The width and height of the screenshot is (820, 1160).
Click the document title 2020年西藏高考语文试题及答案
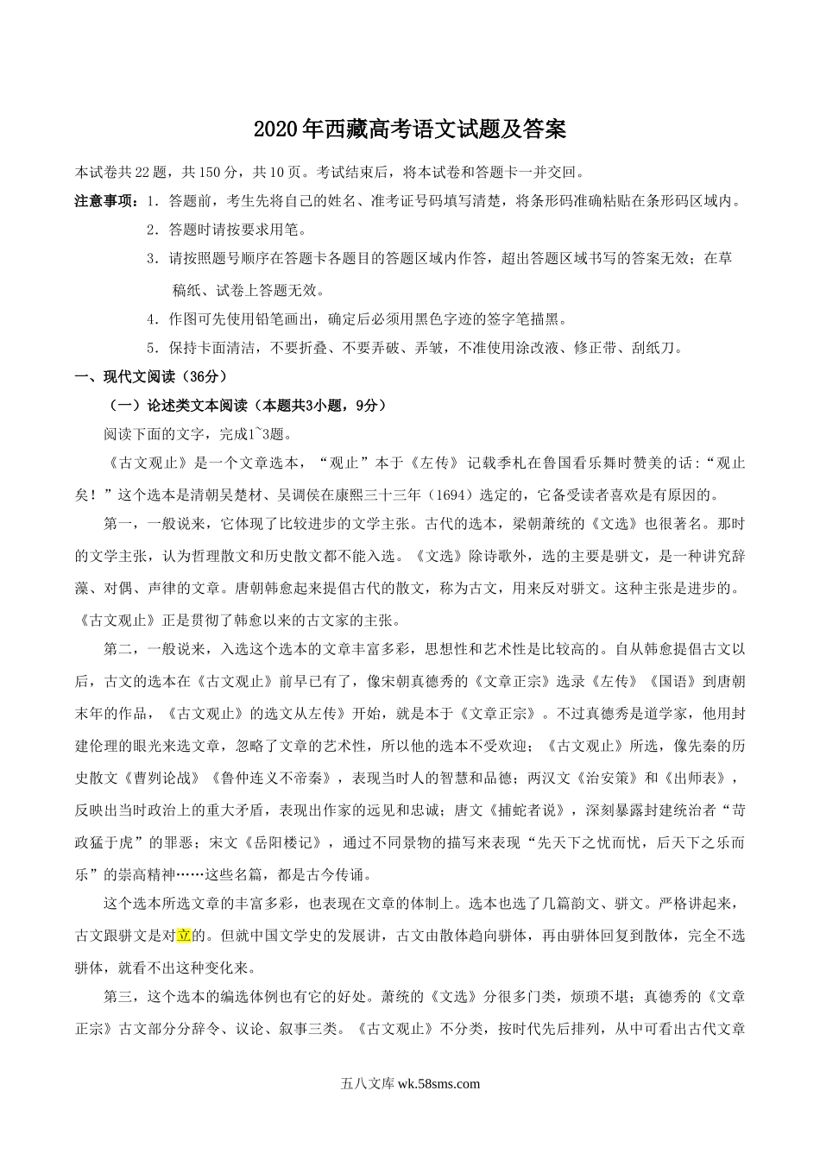coord(410,130)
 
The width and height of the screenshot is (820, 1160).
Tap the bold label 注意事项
coord(104,202)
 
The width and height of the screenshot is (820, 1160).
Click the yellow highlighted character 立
coord(183,936)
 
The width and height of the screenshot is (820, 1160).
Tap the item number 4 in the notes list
coord(152,319)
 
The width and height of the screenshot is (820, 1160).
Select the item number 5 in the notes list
coord(152,349)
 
